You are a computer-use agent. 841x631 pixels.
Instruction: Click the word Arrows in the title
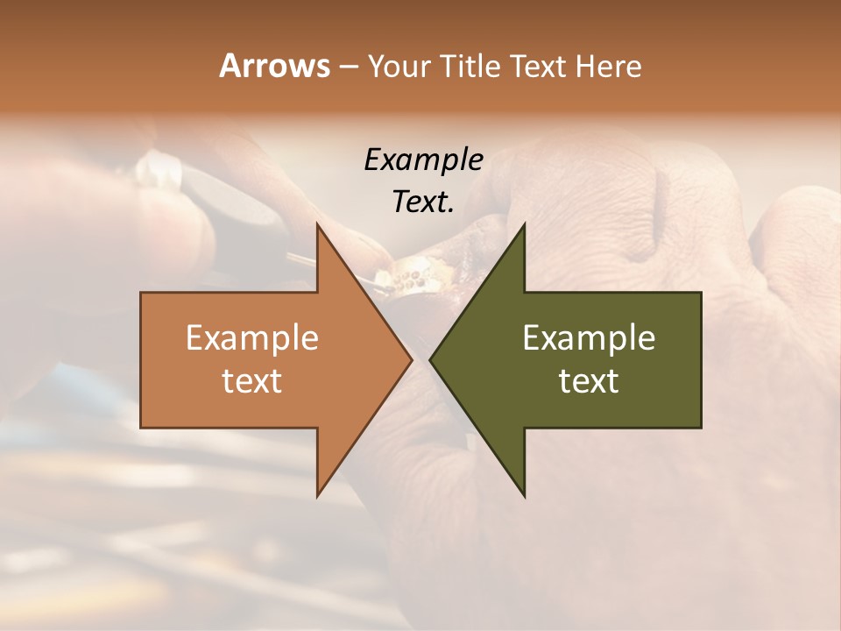(x=273, y=66)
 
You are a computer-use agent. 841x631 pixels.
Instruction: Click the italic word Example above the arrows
(x=423, y=160)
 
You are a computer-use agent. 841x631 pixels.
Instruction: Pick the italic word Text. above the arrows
(x=423, y=202)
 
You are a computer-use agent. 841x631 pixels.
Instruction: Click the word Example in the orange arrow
(x=252, y=337)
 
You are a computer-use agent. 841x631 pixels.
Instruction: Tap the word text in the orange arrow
(x=252, y=380)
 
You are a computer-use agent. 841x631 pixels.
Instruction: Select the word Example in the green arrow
(x=589, y=337)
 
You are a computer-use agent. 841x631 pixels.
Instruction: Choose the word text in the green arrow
(x=589, y=380)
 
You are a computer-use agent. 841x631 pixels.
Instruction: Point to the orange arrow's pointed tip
(x=412, y=360)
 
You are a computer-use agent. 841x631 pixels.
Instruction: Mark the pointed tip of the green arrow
(x=430, y=360)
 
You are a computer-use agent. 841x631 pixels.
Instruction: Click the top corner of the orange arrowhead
(x=317, y=224)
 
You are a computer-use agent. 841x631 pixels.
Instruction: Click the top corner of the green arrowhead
(x=525, y=224)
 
